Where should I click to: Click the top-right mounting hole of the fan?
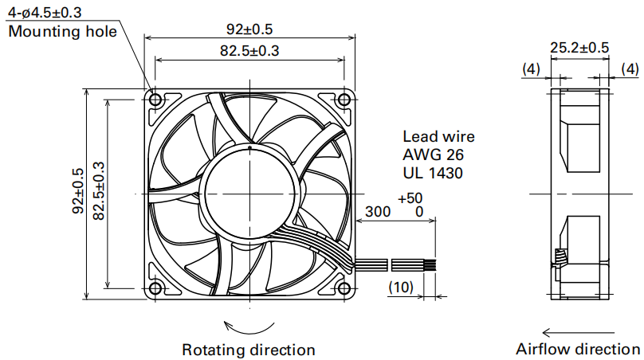click(344, 100)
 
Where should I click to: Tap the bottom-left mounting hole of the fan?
click(155, 288)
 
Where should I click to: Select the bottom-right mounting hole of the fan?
click(344, 288)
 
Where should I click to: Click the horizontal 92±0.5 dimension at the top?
click(249, 29)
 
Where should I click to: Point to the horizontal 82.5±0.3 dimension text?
click(249, 51)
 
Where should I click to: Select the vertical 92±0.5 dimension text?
click(78, 191)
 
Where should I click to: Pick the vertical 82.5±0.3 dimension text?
click(99, 191)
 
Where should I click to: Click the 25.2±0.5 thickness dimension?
click(579, 48)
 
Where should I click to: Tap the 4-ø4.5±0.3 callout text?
click(45, 12)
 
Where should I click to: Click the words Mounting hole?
click(62, 32)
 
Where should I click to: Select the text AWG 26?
click(433, 155)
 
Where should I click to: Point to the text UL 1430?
click(433, 173)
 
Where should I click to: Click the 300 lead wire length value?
click(378, 211)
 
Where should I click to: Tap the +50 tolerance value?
click(410, 198)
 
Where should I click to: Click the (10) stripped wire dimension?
click(401, 287)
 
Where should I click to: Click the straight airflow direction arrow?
click(579, 332)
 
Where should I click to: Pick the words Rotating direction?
click(249, 350)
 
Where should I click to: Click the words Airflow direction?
click(578, 350)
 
